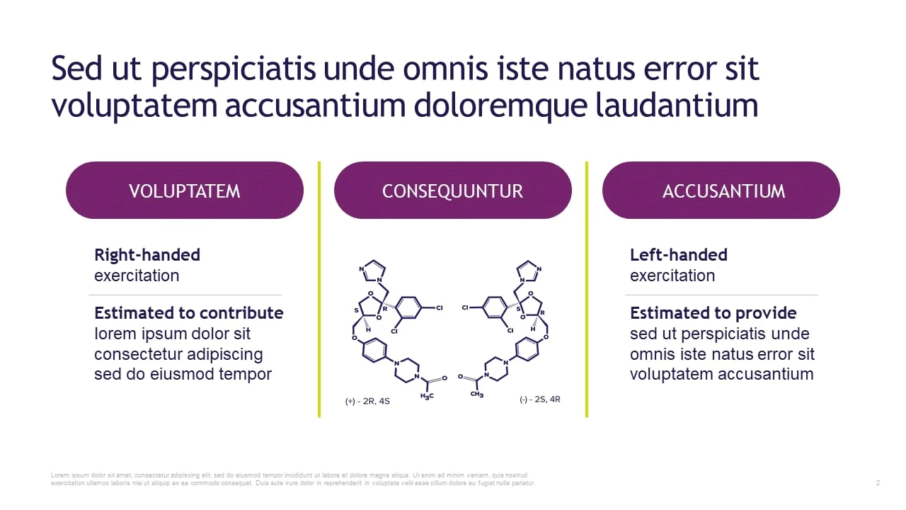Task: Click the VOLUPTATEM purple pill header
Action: point(185,191)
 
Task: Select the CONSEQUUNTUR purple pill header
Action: point(452,191)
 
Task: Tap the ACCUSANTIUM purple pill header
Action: point(721,191)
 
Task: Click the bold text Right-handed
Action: point(147,255)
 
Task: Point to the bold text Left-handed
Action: point(679,255)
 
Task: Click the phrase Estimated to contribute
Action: point(189,313)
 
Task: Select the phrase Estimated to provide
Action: point(713,313)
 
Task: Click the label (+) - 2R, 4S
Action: point(367,401)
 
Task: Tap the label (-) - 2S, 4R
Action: point(540,399)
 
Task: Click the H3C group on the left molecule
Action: point(427,396)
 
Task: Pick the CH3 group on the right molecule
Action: point(477,394)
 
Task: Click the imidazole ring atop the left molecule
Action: point(372,271)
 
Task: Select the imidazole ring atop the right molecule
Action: point(529,271)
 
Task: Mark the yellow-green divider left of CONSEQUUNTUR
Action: point(319,289)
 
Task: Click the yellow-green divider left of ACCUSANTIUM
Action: point(587,289)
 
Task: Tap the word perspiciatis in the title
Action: point(234,69)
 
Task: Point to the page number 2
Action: point(878,482)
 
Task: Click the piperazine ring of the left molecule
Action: point(407,370)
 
